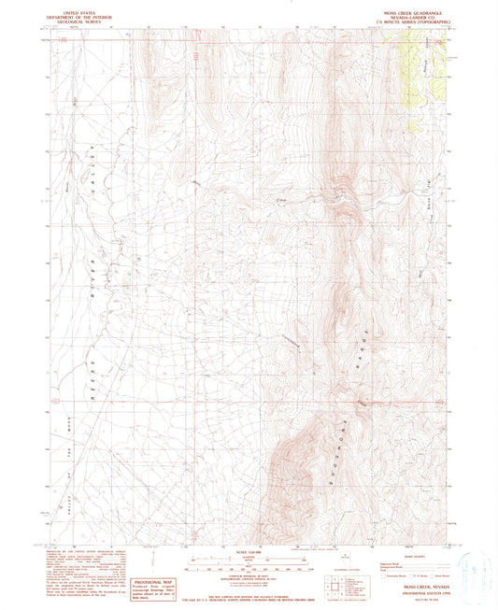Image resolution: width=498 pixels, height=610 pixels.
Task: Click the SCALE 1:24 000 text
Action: click(249, 550)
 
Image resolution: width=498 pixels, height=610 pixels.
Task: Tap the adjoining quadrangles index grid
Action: click(331, 584)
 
